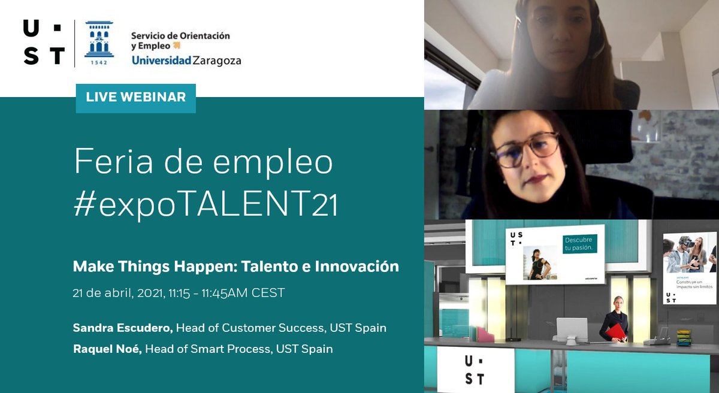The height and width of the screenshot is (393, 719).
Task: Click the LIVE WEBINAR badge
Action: pyautogui.click(x=136, y=98)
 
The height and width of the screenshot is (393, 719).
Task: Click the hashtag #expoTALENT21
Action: pyautogui.click(x=206, y=205)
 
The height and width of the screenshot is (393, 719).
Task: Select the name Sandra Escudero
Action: pyautogui.click(x=123, y=328)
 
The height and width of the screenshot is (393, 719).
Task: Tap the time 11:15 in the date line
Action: pyautogui.click(x=179, y=294)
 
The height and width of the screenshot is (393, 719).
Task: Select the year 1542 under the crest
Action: pyautogui.click(x=99, y=62)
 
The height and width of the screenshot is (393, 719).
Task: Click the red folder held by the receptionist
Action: pyautogui.click(x=615, y=331)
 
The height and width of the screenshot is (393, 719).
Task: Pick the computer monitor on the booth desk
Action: pyautogui.click(x=572, y=329)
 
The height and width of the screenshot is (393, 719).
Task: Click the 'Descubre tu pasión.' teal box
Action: pyautogui.click(x=580, y=244)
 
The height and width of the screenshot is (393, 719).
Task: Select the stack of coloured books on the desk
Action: pyautogui.click(x=684, y=337)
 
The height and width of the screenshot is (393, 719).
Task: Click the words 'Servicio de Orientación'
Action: pyautogui.click(x=180, y=35)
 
